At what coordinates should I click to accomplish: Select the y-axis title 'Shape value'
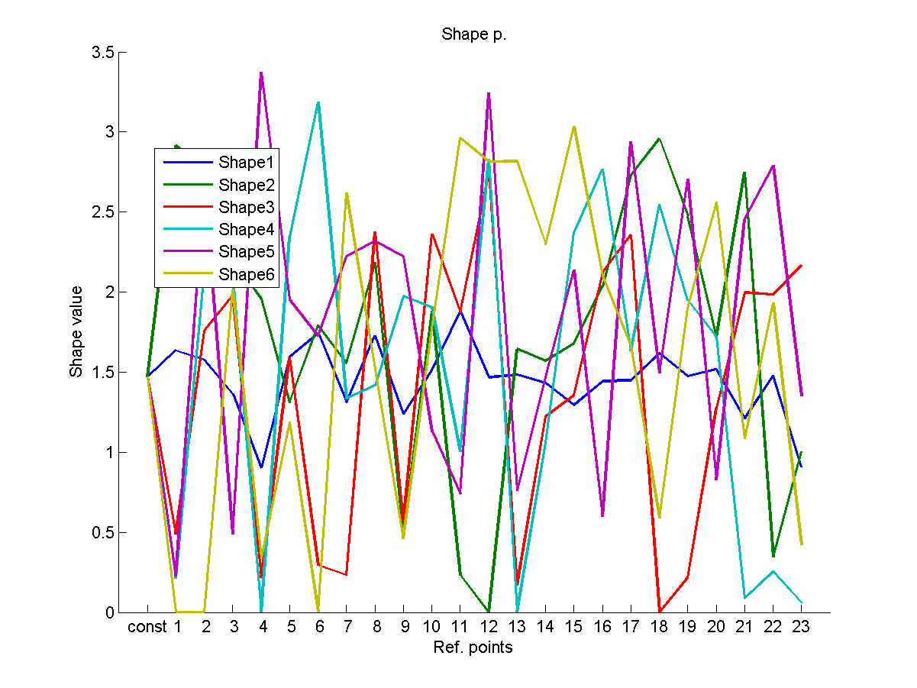(76, 332)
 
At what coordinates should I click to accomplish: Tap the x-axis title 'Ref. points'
(473, 648)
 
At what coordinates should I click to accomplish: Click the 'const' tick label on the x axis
(147, 628)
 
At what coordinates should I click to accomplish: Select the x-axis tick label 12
(489, 628)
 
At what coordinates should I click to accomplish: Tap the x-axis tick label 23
(801, 628)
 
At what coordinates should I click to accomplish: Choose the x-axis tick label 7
(347, 628)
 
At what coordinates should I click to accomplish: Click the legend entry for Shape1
(245, 162)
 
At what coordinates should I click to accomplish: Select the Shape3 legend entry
(245, 207)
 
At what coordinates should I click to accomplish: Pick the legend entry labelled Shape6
(245, 274)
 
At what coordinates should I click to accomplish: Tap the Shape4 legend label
(245, 229)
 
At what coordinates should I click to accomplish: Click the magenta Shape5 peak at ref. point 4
(261, 73)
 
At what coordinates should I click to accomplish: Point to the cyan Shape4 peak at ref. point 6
(318, 102)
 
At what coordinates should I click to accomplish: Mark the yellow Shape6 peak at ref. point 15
(574, 127)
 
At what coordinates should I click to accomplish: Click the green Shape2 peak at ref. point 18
(659, 139)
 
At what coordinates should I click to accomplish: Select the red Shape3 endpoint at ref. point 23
(801, 266)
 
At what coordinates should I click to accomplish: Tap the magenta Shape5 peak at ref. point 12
(489, 94)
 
